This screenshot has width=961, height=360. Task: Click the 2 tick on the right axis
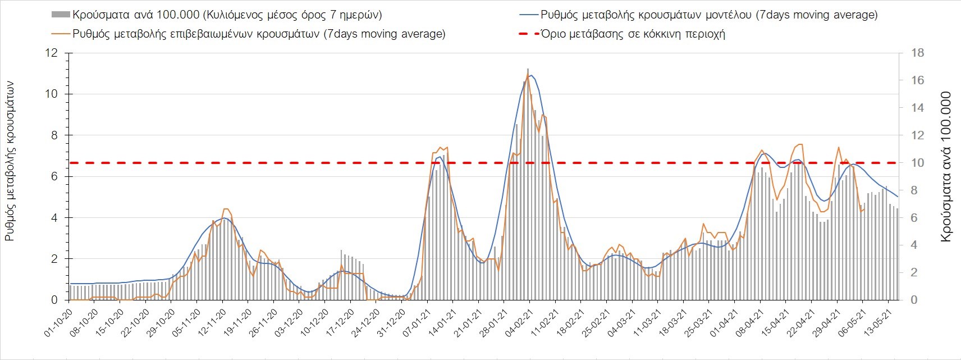(914, 272)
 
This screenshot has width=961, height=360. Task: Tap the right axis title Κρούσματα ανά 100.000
(946, 167)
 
